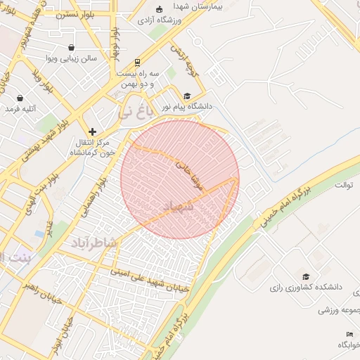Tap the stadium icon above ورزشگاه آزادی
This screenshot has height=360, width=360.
[x=160, y=9]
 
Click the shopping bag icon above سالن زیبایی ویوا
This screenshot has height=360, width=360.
[x=71, y=47]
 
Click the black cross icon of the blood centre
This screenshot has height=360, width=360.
[x=92, y=131]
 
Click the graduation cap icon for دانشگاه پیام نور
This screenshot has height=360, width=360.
[x=187, y=96]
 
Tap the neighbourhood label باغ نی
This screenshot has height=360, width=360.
[x=134, y=110]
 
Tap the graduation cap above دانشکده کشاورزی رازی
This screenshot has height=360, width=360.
[x=305, y=276]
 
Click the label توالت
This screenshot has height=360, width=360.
[x=343, y=185]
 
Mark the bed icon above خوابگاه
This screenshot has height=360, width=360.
[x=349, y=333]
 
